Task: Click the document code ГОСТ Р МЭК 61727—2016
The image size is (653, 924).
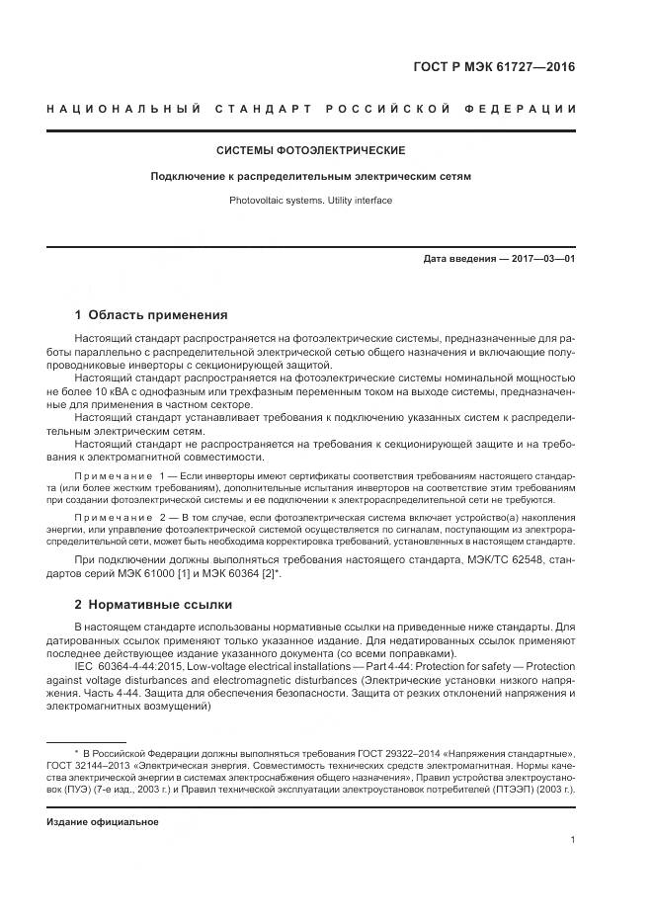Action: pos(493,68)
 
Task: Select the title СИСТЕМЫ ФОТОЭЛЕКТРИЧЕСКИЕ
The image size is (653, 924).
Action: pos(310,150)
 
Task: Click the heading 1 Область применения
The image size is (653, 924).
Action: pos(151,315)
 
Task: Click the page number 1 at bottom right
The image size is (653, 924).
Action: pos(573,840)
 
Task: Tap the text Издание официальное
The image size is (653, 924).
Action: pos(96,821)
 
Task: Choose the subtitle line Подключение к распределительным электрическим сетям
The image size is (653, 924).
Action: pos(310,177)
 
